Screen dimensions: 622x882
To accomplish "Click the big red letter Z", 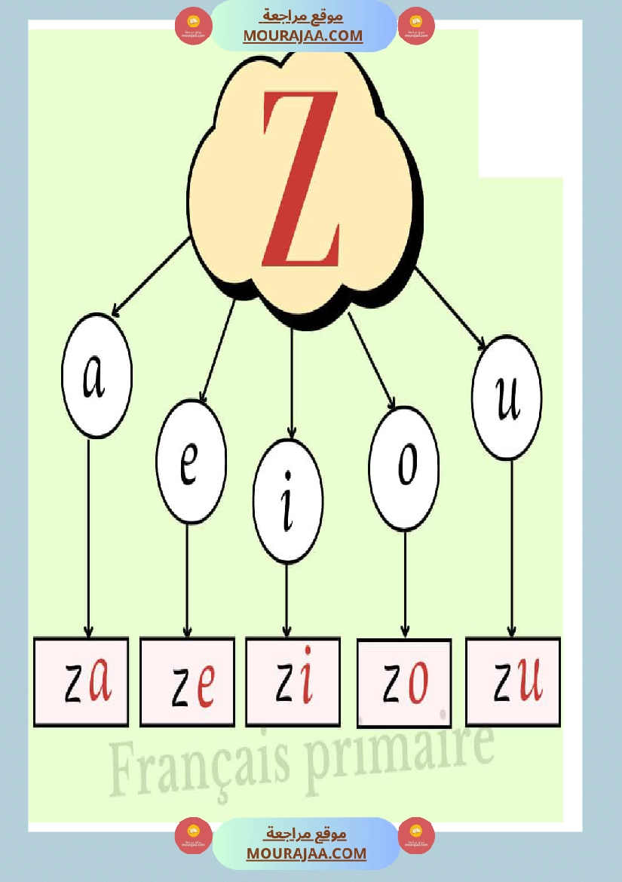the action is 301,178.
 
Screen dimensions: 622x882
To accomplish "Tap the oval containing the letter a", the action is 97,375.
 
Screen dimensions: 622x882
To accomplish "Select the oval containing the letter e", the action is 191,462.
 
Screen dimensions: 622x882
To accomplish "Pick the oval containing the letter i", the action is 288,501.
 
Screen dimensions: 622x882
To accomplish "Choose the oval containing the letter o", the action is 404,469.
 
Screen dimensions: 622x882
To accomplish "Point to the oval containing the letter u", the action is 507,397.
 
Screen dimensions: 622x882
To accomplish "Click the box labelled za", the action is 81,682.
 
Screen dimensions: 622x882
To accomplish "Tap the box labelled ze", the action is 187,682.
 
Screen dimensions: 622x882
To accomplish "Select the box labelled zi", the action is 293,682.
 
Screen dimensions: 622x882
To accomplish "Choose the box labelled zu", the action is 513,682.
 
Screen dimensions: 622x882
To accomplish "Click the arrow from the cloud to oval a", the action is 151,277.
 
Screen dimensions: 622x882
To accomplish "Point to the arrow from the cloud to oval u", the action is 451,309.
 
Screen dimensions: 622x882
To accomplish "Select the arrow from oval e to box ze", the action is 188,580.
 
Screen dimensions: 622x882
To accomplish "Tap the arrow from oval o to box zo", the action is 405,585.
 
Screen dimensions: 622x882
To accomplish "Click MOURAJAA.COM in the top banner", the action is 303,36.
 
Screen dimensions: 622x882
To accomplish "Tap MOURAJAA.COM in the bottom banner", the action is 306,853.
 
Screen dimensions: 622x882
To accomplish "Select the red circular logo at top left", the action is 193,26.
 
